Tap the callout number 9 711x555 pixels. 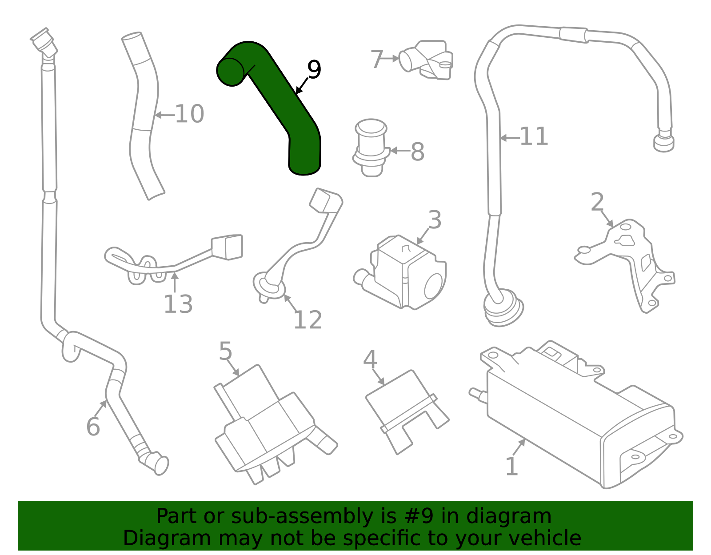[x=314, y=70]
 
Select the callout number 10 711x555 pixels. [x=189, y=114]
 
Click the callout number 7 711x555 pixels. [x=377, y=59]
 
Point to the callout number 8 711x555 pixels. [x=417, y=152]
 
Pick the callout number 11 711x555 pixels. [x=534, y=136]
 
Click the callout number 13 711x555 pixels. [x=178, y=304]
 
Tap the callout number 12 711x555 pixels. [x=308, y=320]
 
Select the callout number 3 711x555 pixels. [x=435, y=220]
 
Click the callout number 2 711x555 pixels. [x=597, y=202]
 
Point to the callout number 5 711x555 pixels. [x=226, y=351]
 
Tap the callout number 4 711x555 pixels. [x=370, y=359]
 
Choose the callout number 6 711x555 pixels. [x=93, y=427]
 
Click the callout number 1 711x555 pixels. [x=512, y=467]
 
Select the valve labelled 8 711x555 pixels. [x=371, y=147]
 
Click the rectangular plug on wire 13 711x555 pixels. [x=228, y=247]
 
